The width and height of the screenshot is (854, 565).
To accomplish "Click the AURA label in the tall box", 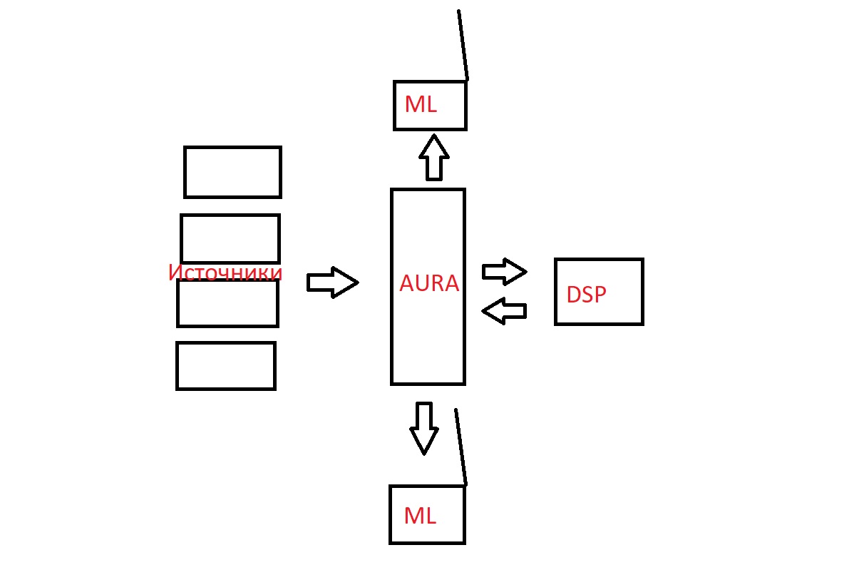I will tap(428, 283).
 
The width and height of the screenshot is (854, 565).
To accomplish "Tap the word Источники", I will tap(225, 273).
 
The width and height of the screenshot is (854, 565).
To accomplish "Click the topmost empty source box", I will tap(232, 172).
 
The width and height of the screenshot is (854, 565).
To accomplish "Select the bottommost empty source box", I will tap(226, 366).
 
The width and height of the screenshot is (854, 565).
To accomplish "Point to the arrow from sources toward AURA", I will tap(332, 282).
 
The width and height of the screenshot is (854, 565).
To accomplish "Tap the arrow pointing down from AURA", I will tap(424, 427).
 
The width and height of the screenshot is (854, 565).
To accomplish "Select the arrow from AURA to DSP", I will tap(504, 271).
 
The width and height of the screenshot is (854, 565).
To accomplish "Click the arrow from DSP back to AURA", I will tap(504, 311).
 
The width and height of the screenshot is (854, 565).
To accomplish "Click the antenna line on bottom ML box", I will tap(461, 447).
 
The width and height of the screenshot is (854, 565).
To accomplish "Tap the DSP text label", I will tap(586, 295).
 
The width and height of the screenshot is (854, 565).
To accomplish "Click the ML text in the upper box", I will tap(420, 105).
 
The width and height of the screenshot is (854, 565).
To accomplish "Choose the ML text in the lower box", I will tap(419, 515).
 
